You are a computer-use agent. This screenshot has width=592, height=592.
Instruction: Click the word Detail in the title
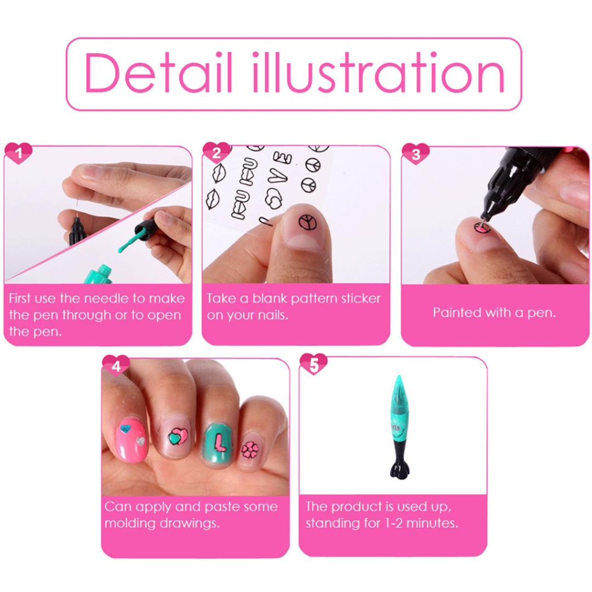tap(158, 72)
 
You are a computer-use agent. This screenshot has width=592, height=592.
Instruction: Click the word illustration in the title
tap(378, 72)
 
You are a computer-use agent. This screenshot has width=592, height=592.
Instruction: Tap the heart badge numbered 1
tap(18, 153)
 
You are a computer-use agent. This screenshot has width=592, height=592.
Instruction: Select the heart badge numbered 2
tap(217, 153)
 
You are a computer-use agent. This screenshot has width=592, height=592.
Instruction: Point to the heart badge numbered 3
tap(416, 154)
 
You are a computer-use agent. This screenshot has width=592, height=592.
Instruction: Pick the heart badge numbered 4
tap(116, 366)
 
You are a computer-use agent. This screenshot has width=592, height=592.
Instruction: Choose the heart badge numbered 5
tap(313, 364)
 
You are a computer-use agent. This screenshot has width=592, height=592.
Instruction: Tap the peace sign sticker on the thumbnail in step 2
tap(307, 221)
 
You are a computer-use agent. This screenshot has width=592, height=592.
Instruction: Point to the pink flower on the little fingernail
tap(250, 450)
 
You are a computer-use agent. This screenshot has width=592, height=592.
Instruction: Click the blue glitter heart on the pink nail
tap(125, 429)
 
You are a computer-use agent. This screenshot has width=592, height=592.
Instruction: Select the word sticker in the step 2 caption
tap(361, 298)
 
